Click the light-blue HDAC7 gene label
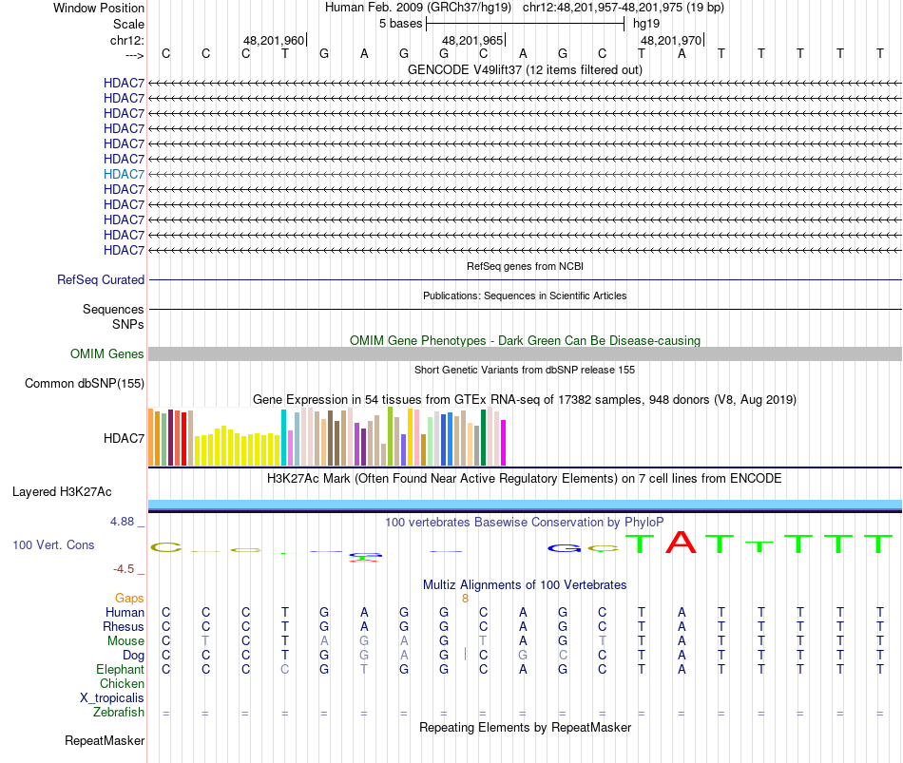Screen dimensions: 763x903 tap(124, 174)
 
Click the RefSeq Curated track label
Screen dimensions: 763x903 tap(101, 280)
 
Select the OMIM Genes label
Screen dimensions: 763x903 tap(107, 354)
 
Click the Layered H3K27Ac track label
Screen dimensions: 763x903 tap(62, 492)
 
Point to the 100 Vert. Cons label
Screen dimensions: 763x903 tap(53, 545)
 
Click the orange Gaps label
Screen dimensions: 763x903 tap(129, 599)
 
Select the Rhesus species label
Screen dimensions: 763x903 tap(124, 627)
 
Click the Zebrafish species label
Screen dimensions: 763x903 tap(119, 713)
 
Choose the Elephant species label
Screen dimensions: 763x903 tap(120, 670)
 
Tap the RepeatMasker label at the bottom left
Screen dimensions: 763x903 tap(105, 740)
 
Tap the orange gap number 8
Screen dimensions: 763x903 tap(465, 599)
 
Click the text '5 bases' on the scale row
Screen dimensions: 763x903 tap(399, 23)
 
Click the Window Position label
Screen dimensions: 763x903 tap(99, 8)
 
